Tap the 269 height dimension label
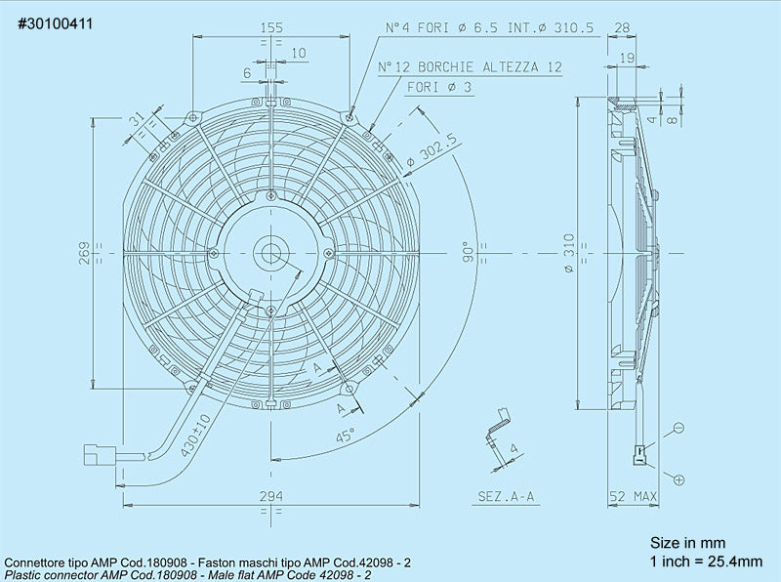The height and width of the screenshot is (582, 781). click(85, 253)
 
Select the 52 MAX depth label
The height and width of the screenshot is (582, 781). click(633, 496)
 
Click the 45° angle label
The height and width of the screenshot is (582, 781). click(346, 436)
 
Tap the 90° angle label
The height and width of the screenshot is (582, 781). click(468, 252)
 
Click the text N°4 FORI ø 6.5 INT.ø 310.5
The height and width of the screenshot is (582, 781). click(489, 29)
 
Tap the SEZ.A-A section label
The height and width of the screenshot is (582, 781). click(506, 496)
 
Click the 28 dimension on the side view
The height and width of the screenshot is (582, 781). click(624, 29)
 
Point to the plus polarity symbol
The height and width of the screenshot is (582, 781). click(678, 478)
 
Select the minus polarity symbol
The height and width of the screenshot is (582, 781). click(678, 428)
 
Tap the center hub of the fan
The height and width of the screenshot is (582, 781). click(270, 253)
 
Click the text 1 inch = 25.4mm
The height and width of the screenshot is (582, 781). click(706, 561)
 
